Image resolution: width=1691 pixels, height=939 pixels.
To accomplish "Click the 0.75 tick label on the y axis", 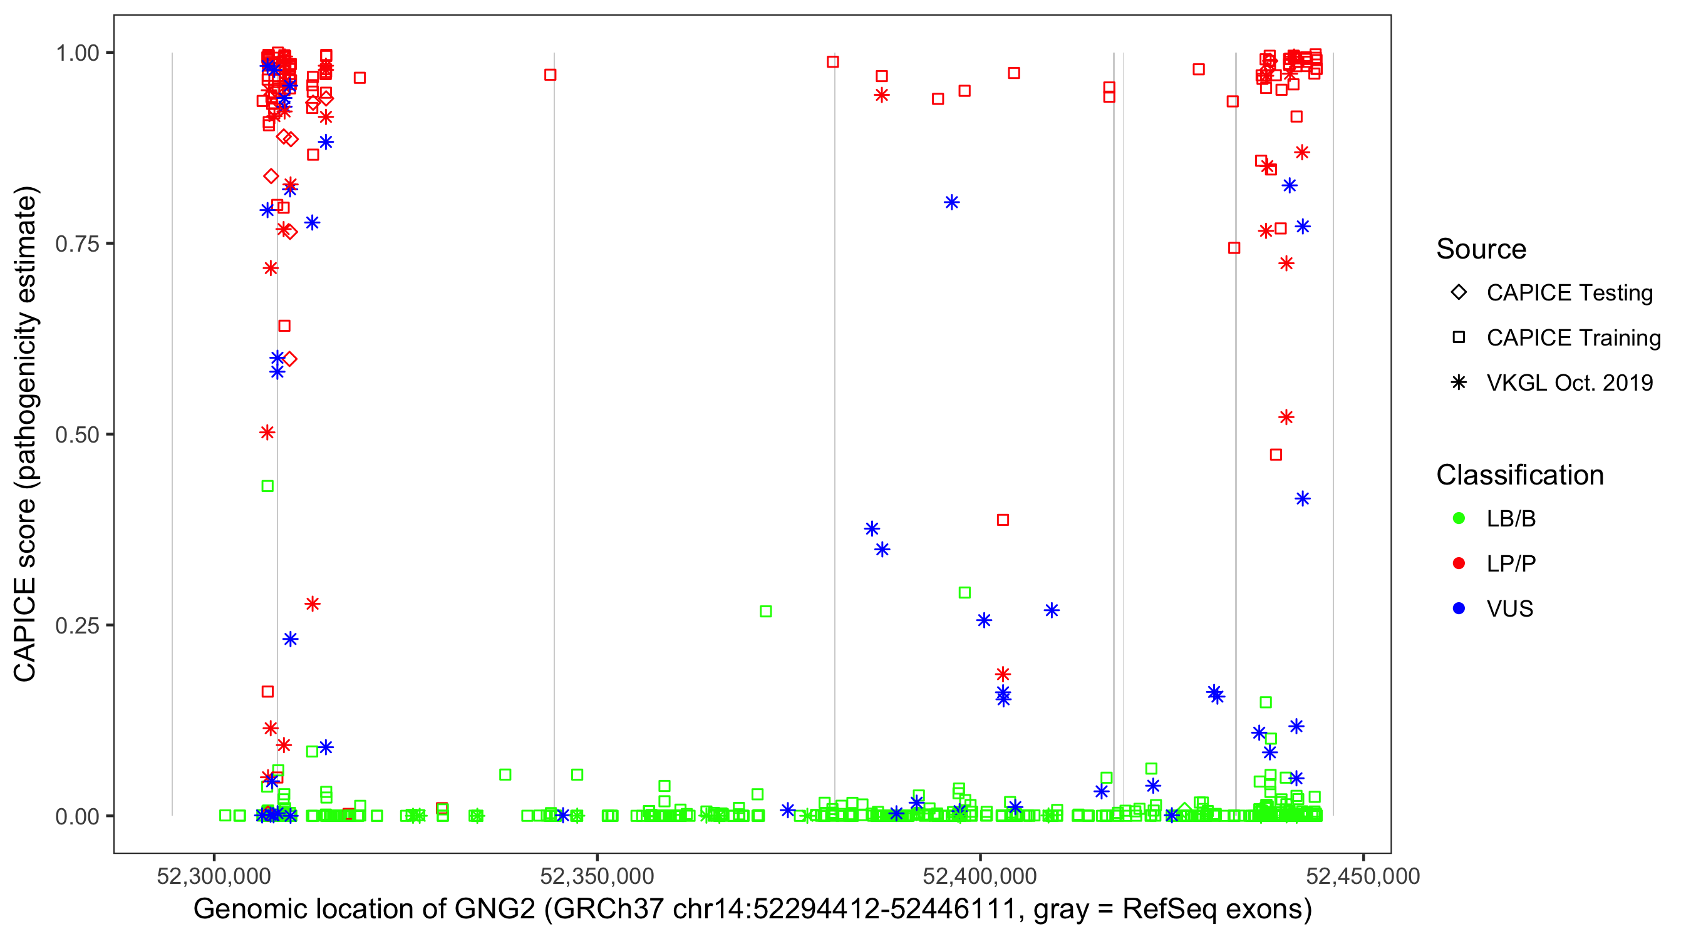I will (77, 244).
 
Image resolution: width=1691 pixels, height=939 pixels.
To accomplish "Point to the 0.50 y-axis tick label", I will (77, 435).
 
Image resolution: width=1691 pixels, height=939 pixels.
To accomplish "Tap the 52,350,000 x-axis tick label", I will (597, 876).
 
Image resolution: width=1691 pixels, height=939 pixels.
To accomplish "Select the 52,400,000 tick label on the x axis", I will (980, 876).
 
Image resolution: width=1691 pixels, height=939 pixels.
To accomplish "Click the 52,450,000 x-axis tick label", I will (1363, 876).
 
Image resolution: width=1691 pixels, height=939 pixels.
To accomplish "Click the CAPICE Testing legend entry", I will (1569, 293).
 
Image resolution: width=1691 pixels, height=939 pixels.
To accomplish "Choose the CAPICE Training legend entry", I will (1573, 338).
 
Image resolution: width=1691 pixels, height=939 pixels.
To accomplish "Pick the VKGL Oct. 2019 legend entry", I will (1569, 383).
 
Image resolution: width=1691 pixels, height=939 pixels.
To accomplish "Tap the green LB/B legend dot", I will (1459, 519).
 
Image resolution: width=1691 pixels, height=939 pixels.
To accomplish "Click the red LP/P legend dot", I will (1459, 563).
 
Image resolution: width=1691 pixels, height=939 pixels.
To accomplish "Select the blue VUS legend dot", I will (1459, 609).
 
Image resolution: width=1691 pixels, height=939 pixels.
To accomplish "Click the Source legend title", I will (1481, 249).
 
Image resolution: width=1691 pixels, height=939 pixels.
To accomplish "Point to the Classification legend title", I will (1519, 475).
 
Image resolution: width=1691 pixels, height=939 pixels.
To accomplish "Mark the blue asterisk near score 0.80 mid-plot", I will (952, 203).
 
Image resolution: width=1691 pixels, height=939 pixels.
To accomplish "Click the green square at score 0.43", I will (267, 486).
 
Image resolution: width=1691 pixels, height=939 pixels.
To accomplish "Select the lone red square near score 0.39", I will (1003, 520).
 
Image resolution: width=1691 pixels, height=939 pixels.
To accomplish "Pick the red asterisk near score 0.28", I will (313, 603).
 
